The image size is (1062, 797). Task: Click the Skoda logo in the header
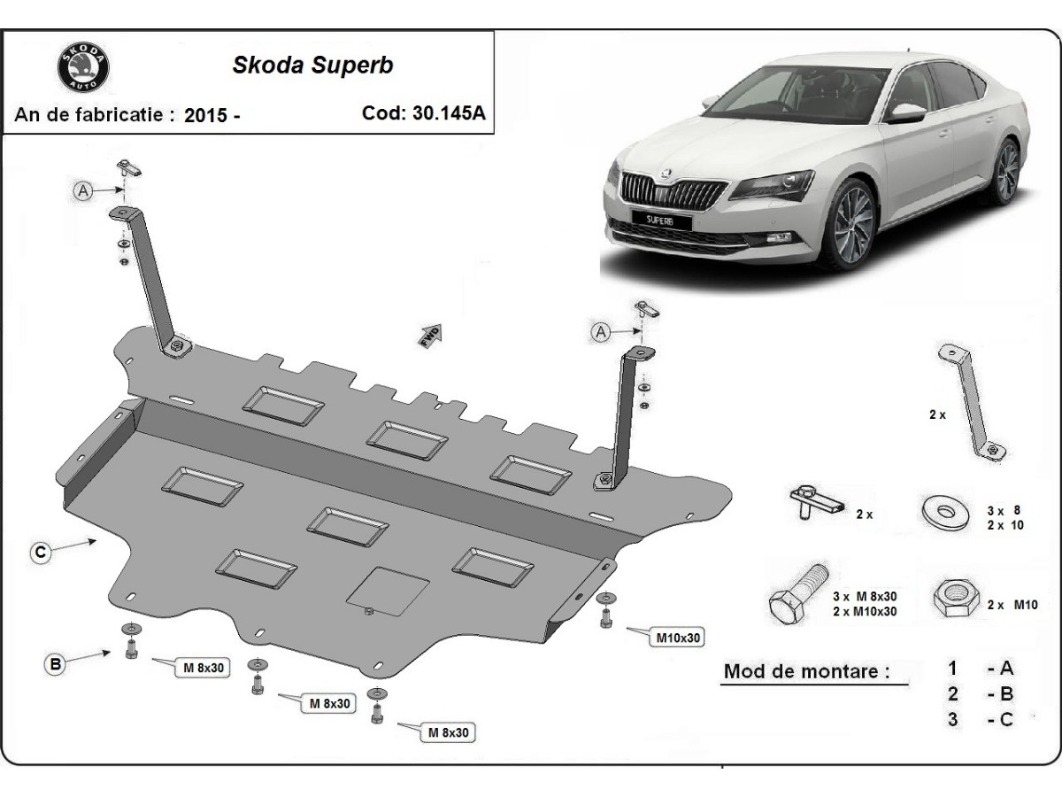(85, 68)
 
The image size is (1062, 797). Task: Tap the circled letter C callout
(41, 553)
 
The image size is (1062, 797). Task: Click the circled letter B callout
(56, 663)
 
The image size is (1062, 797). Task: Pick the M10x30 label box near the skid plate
(679, 636)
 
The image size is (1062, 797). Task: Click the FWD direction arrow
(431, 335)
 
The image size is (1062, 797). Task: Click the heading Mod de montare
(806, 670)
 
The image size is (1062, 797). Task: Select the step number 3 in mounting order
(952, 719)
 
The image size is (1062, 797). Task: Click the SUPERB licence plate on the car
(660, 218)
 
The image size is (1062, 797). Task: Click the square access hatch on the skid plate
(389, 590)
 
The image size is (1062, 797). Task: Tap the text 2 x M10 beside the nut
(1012, 605)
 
